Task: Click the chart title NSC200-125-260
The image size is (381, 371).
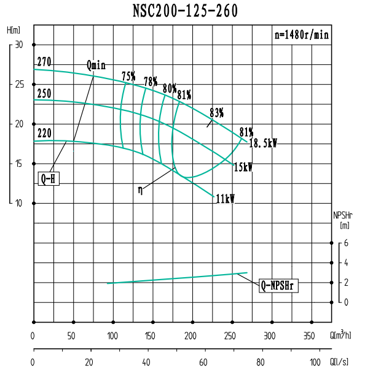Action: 185,11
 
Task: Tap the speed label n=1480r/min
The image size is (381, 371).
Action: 301,35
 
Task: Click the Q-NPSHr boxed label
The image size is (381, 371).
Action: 278,285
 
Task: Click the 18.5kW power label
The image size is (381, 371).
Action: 263,143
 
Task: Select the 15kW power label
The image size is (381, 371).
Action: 243,166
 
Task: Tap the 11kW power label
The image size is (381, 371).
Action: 226,199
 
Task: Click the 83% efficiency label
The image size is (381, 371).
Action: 216,113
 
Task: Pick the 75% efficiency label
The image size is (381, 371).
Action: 128,76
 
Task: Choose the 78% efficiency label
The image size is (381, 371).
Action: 151,82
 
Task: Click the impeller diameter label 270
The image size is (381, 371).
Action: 44,62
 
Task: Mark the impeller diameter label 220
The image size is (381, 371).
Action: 44,132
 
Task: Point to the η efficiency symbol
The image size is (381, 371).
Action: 141,191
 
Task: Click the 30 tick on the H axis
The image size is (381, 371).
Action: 18,45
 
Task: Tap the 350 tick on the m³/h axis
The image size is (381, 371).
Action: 308,336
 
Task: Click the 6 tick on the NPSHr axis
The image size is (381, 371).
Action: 347,243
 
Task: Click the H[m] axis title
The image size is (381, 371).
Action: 14,30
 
